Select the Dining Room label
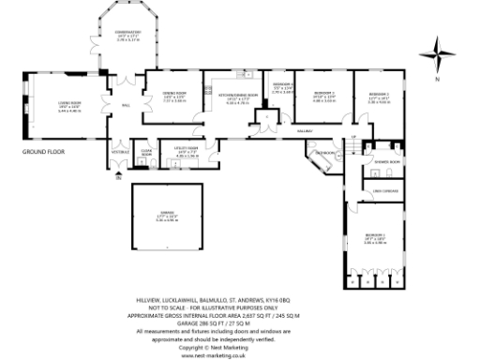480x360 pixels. tap(175, 95)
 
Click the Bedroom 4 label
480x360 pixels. tap(283, 88)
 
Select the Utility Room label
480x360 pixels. tap(187, 149)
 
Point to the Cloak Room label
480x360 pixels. tap(146, 153)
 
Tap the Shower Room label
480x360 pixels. tap(387, 160)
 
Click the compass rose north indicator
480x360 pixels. tap(438, 52)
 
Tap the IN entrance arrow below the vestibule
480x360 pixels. tap(118, 177)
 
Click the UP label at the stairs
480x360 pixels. tap(353, 139)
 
